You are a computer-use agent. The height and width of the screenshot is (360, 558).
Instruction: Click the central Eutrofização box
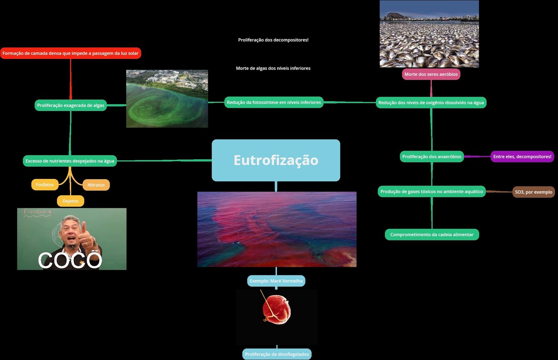[276, 160]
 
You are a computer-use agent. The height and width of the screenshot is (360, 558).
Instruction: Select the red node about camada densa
[70, 53]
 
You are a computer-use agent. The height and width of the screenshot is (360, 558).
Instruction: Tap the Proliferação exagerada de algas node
[70, 105]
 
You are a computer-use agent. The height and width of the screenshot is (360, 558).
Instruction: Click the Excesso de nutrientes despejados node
[70, 161]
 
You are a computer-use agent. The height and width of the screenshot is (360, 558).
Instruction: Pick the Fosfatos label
[45, 185]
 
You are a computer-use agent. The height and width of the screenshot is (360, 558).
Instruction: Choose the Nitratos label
[96, 185]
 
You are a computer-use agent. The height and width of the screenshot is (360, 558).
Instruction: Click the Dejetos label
[70, 201]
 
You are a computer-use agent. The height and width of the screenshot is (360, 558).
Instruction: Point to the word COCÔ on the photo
[70, 260]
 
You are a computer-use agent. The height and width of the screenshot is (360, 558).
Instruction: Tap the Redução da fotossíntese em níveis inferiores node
[274, 102]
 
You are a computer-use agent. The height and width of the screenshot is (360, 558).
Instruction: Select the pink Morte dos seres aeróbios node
[431, 74]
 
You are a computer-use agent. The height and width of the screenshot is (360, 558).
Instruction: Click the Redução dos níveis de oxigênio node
[431, 103]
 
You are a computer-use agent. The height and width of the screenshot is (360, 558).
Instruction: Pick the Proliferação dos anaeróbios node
[432, 157]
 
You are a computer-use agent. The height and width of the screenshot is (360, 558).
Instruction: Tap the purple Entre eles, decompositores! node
[522, 157]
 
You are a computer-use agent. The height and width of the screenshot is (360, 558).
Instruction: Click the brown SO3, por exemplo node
[534, 192]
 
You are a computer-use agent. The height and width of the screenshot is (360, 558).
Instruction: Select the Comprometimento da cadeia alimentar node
[432, 234]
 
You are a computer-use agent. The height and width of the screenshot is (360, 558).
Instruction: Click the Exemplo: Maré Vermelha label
[276, 281]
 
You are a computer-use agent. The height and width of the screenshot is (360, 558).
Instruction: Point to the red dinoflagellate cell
[277, 309]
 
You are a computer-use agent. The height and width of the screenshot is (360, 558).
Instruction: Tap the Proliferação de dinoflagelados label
[277, 354]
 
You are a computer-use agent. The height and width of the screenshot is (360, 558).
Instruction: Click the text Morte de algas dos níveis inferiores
[273, 68]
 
